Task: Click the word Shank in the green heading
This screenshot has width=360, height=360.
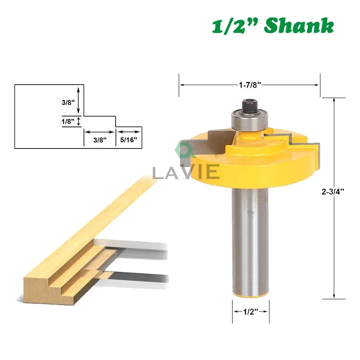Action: (x=299, y=26)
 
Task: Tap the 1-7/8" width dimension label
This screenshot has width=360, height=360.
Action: (x=250, y=85)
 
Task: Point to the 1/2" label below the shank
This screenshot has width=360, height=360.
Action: (x=251, y=311)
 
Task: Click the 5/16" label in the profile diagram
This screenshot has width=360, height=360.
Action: (x=129, y=139)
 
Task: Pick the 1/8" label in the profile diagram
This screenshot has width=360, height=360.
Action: (x=68, y=121)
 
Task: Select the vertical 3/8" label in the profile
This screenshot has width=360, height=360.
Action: (x=68, y=103)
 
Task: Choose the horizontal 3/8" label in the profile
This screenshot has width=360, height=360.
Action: (x=100, y=139)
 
